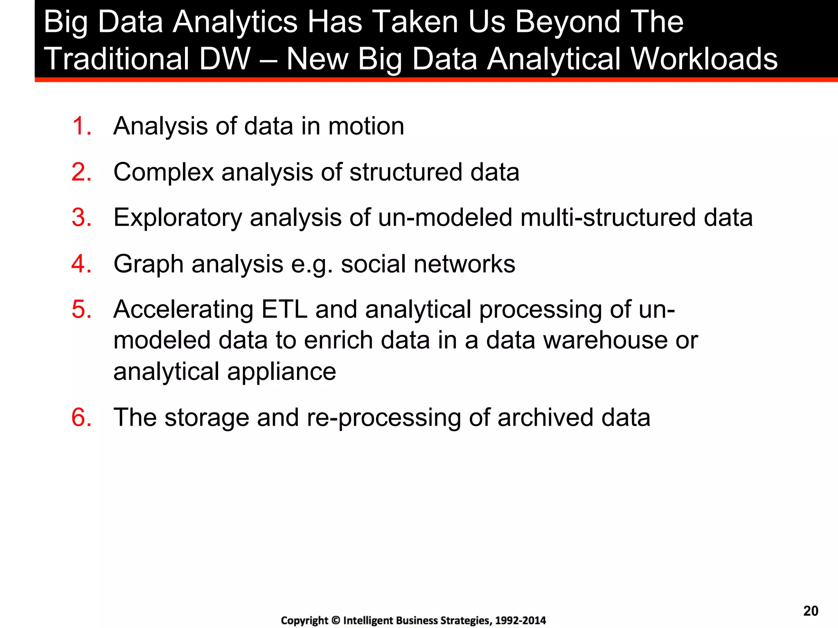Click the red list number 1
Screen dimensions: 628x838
(x=81, y=126)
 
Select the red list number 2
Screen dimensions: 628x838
(x=81, y=172)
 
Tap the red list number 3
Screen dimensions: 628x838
(x=81, y=218)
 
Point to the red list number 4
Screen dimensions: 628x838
(x=81, y=264)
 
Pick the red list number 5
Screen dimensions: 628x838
(x=81, y=309)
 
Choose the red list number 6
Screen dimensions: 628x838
(x=81, y=417)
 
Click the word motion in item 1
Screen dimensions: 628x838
(x=366, y=126)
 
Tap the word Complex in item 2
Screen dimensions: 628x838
(x=163, y=172)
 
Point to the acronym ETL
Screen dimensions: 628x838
(x=284, y=309)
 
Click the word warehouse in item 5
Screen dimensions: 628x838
(x=605, y=340)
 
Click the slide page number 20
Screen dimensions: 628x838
(x=811, y=611)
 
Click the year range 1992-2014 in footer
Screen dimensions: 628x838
(x=520, y=621)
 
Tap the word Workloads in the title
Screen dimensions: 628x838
(x=704, y=58)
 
